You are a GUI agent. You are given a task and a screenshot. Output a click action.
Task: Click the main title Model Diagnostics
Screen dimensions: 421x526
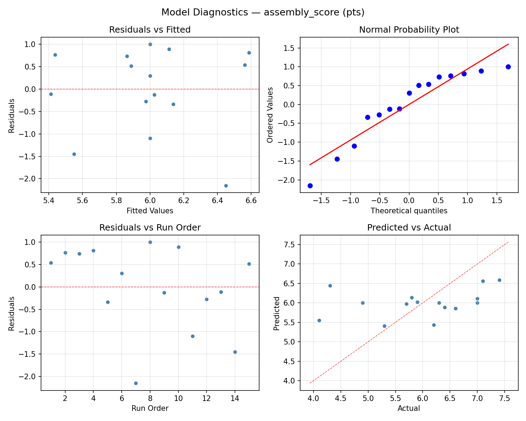pos(263,12)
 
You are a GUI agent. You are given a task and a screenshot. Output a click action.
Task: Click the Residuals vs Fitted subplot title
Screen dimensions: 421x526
pos(150,30)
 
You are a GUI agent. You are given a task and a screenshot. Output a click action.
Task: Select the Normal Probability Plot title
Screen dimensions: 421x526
pos(409,30)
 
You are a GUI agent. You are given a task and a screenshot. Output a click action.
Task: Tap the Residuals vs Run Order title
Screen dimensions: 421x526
pos(150,228)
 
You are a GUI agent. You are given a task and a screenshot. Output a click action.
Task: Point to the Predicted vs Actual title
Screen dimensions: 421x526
pos(409,228)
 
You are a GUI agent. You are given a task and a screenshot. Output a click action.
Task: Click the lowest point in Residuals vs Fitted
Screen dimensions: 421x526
pos(226,186)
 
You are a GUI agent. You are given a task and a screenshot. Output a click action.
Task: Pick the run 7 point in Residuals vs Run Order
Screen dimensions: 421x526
pos(136,383)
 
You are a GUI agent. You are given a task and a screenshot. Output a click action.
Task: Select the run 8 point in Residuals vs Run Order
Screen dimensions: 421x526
pos(150,242)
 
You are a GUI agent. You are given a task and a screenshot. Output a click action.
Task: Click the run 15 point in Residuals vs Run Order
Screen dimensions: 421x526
pos(249,264)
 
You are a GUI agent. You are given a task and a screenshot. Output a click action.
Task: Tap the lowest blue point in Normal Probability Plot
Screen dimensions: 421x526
pos(310,186)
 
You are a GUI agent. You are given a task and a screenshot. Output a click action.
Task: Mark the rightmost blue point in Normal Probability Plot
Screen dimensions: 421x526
pos(508,67)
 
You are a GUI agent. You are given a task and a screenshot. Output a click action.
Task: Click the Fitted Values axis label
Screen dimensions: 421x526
pos(150,211)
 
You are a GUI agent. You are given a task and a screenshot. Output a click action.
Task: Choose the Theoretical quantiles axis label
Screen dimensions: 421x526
pos(409,211)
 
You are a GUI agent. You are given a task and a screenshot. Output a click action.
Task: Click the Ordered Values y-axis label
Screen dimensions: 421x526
pos(270,115)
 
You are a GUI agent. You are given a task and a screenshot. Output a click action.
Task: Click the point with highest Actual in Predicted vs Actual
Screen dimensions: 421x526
pos(499,280)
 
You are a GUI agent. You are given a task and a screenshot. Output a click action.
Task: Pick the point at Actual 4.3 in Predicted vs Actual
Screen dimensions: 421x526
pos(330,286)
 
